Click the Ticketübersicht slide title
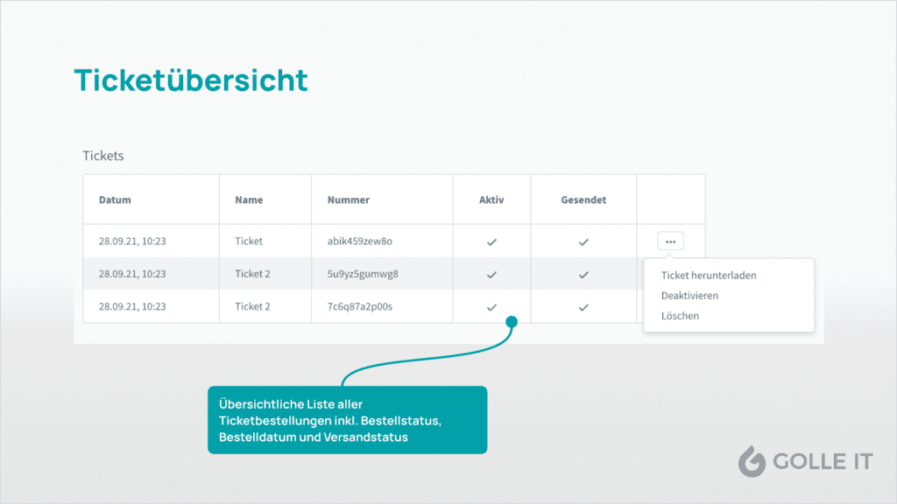click(x=191, y=80)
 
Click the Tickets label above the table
click(x=103, y=156)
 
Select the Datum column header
click(x=115, y=199)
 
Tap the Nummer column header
click(x=349, y=199)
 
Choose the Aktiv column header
click(x=491, y=199)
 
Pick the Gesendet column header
click(x=583, y=199)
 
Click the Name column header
click(x=249, y=199)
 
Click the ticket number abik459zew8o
click(x=360, y=241)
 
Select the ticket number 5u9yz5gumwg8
click(x=363, y=274)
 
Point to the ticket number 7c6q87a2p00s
click(x=360, y=306)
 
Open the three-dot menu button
click(x=670, y=241)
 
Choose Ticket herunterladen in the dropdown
click(x=709, y=275)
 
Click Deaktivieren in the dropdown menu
click(x=690, y=296)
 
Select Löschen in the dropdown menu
click(x=680, y=315)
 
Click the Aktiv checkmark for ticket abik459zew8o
click(x=491, y=242)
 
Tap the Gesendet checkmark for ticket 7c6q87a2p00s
click(x=583, y=307)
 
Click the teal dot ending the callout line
click(x=512, y=322)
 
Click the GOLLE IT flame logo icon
click(x=752, y=460)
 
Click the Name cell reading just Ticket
click(x=249, y=241)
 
